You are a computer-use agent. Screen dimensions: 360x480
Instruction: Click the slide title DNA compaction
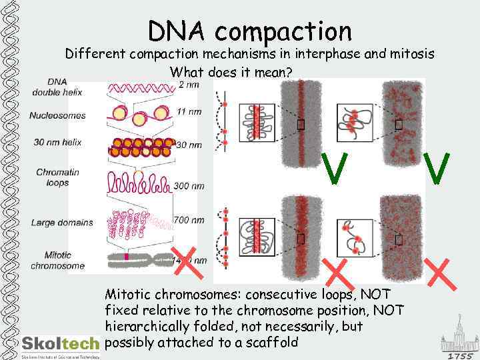pos(249,30)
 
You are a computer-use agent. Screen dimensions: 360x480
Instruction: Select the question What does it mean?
pos(231,72)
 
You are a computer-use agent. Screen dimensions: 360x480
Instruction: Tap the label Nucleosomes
pos(57,115)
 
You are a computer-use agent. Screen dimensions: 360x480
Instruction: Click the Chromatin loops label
pos(57,177)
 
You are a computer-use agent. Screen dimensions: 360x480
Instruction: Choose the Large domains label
pos(62,222)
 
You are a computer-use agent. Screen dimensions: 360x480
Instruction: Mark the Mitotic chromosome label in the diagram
pos(57,260)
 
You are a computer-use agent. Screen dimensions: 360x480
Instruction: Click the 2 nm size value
pos(189,85)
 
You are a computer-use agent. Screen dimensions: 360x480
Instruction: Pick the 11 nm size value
pos(189,111)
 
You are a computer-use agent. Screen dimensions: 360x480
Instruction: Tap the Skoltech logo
pos(61,343)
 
